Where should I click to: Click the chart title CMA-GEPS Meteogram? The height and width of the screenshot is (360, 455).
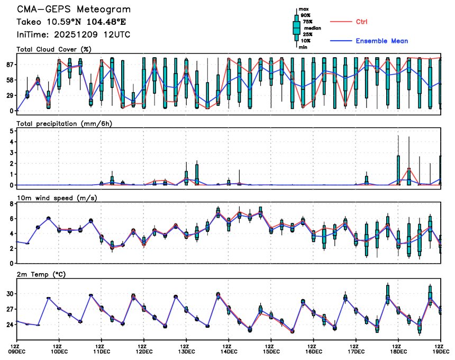pyautogui.click(x=74, y=10)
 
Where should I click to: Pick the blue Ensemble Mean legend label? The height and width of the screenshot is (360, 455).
pyautogui.click(x=381, y=41)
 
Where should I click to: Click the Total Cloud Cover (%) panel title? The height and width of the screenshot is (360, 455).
pyautogui.click(x=54, y=50)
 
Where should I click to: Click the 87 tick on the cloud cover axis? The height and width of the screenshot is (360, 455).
pyautogui.click(x=10, y=65)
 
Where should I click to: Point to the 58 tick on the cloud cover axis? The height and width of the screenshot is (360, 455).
pyautogui.click(x=10, y=80)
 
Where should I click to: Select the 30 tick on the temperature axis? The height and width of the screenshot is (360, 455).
pyautogui.click(x=10, y=294)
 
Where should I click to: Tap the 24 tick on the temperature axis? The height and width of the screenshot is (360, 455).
pyautogui.click(x=10, y=325)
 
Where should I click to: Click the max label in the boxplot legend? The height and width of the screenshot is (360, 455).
pyautogui.click(x=304, y=10)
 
